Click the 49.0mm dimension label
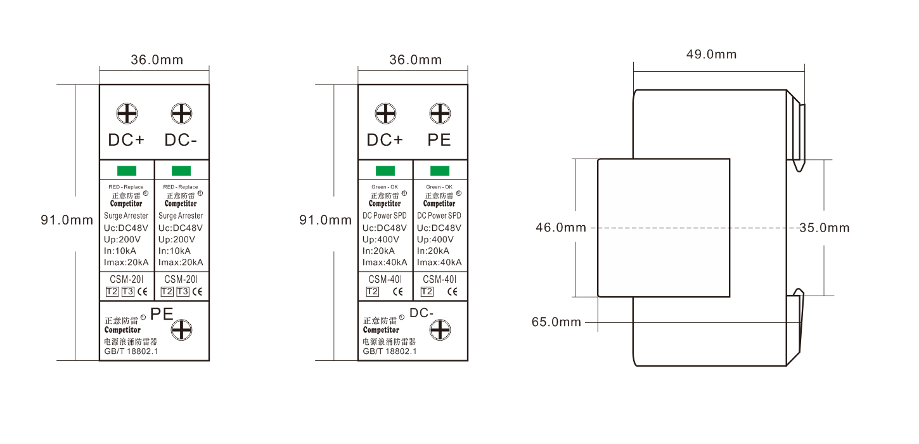[711, 54]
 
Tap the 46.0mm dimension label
[561, 228]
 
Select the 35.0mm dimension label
[825, 228]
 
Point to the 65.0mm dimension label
[556, 322]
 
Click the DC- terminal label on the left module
[181, 140]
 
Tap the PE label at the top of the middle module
[439, 140]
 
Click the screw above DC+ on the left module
[127, 114]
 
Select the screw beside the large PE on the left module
[181, 330]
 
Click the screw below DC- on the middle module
[440, 330]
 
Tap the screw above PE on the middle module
[440, 114]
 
